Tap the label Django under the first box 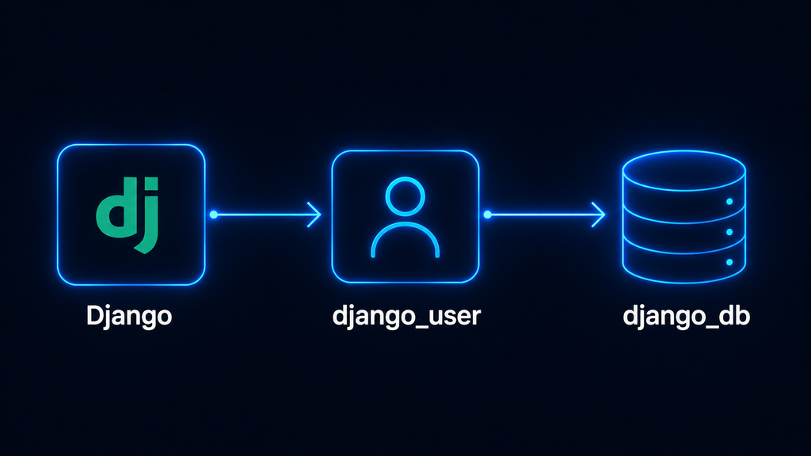[129, 315]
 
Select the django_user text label [406, 315]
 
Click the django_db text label [687, 315]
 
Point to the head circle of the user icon [405, 178]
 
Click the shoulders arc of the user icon [405, 223]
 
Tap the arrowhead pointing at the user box [314, 215]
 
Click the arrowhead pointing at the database [599, 215]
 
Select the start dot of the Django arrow [213, 215]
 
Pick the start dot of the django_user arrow [487, 215]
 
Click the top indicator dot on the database [729, 202]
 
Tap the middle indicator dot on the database [729, 232]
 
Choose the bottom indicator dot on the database [729, 262]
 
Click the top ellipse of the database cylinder [683, 151]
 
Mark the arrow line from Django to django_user [267, 215]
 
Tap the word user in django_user [458, 317]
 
